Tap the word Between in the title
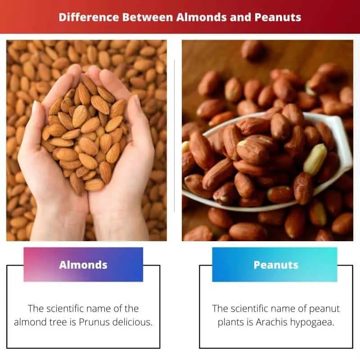pos(144,18)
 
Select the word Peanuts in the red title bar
pos(278,18)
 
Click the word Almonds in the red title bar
pos(197,18)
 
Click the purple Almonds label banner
pos(83,265)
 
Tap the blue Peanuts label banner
pos(275,265)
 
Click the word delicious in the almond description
pos(131,322)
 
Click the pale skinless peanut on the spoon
pos(315,160)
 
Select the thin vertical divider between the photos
pos(174,135)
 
